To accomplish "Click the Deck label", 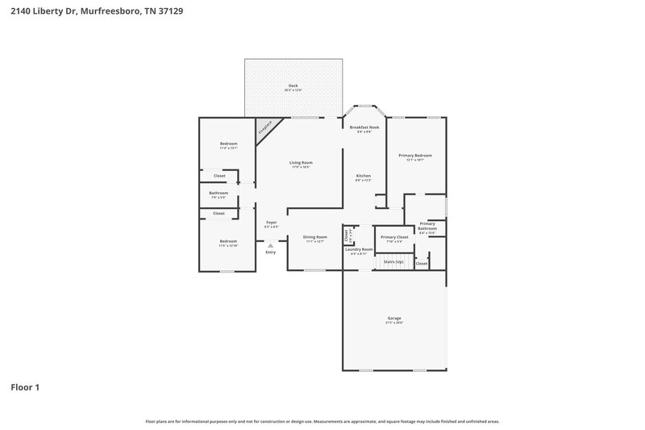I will click(x=293, y=86).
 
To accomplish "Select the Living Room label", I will click(x=301, y=163).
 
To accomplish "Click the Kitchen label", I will click(x=364, y=176).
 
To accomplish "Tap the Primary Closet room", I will click(x=394, y=238).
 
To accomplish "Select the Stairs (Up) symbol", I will click(x=393, y=262).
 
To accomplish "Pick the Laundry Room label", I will click(x=359, y=250).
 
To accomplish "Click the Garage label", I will click(x=394, y=319).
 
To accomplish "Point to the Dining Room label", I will click(x=315, y=238).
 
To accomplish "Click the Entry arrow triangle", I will click(x=270, y=245).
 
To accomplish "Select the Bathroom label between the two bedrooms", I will click(x=218, y=194).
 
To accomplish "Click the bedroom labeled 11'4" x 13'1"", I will click(x=228, y=144).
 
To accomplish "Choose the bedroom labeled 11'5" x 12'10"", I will click(x=228, y=242).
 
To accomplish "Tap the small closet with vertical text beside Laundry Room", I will click(x=347, y=236).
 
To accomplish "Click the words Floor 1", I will click(x=25, y=387).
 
